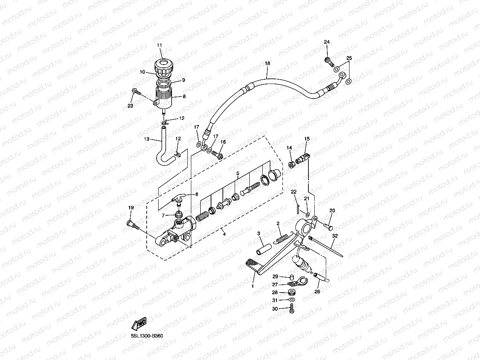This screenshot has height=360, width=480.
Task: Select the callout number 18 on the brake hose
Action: (267, 63)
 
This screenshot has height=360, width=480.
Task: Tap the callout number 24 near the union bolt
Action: (327, 42)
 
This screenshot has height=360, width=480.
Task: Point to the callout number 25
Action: (349, 58)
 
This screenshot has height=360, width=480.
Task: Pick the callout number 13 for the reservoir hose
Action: (146, 139)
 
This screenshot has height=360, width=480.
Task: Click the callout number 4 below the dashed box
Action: (224, 234)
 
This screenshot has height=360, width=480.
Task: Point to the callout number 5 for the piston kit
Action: (238, 173)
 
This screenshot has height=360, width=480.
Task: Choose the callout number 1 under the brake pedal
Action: (252, 286)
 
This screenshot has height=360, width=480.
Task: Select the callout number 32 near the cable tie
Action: (335, 236)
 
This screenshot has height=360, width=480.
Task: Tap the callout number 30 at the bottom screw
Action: (275, 309)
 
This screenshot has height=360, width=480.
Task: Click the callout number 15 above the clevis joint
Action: (307, 138)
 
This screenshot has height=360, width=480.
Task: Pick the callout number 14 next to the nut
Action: (289, 147)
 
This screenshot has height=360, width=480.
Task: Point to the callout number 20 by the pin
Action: (332, 211)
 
